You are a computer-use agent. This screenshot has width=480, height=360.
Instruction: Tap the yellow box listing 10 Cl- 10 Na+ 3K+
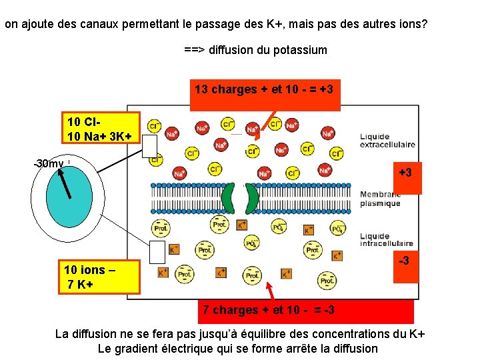100,128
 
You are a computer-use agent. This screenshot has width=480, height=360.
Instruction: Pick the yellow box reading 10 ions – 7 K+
100,277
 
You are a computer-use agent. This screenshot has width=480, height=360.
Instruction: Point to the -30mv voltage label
49,163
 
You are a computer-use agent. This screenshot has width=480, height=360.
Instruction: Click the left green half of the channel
229,197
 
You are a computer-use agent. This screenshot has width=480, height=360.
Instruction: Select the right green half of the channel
251,197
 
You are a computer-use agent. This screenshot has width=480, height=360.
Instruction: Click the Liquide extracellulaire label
387,140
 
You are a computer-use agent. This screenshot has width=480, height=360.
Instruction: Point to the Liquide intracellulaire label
387,239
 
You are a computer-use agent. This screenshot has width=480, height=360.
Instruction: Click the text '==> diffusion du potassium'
255,50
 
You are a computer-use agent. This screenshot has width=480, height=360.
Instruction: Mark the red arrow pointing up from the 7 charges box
271,291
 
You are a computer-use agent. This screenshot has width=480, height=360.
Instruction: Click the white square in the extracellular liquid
150,145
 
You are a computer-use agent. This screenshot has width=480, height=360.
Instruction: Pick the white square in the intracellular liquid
157,252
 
